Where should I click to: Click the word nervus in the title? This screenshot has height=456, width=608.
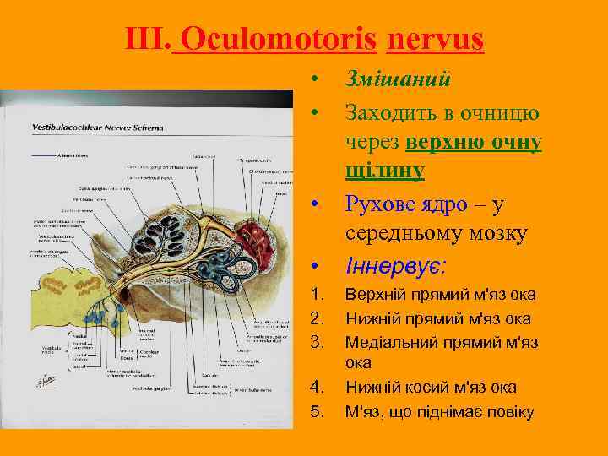point(436,39)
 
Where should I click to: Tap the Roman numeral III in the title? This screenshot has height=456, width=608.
point(146,39)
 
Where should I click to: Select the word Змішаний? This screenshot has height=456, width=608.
point(397,79)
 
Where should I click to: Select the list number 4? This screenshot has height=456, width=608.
point(318,388)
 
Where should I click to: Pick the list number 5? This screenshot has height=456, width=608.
point(318,411)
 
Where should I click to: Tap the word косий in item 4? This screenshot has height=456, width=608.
point(424,388)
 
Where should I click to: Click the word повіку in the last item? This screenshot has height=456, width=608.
point(507,411)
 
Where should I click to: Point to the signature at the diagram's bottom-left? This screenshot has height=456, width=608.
point(45,380)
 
